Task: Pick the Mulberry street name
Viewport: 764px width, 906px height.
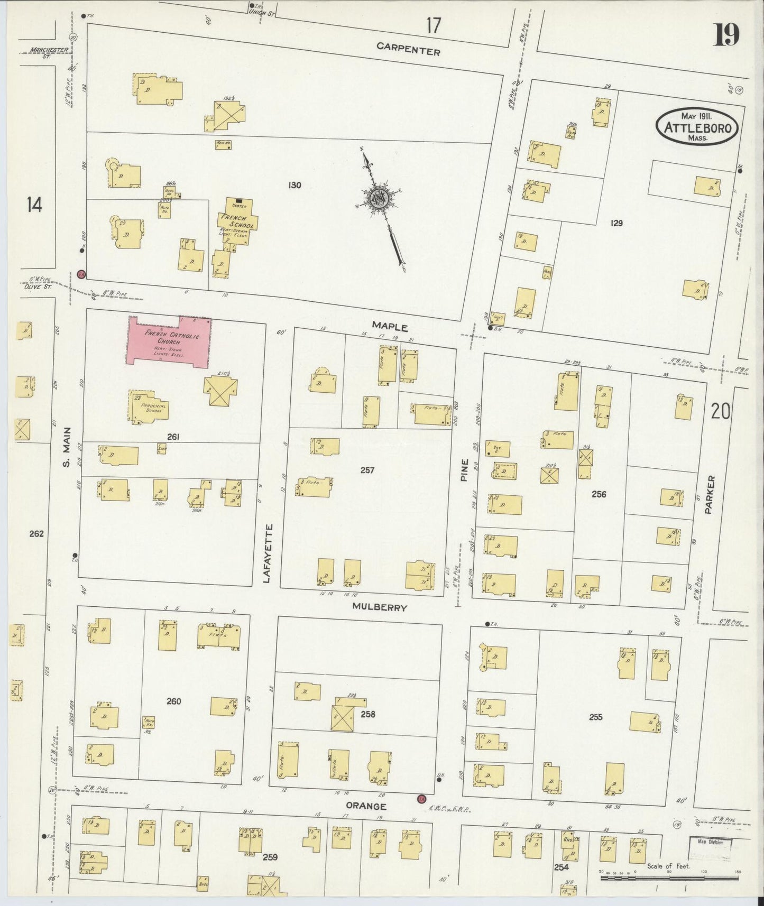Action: tap(380, 607)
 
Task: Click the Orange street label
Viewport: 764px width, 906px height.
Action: tap(366, 806)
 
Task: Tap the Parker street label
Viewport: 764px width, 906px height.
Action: tap(710, 495)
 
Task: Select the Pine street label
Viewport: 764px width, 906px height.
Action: tap(465, 470)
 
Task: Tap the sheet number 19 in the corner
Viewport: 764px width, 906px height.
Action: tap(727, 35)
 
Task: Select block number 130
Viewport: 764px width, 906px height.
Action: tap(294, 185)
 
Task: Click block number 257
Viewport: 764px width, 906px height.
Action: tap(367, 470)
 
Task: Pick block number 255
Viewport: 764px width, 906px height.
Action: tap(595, 717)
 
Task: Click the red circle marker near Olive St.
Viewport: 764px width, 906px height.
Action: tap(81, 274)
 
